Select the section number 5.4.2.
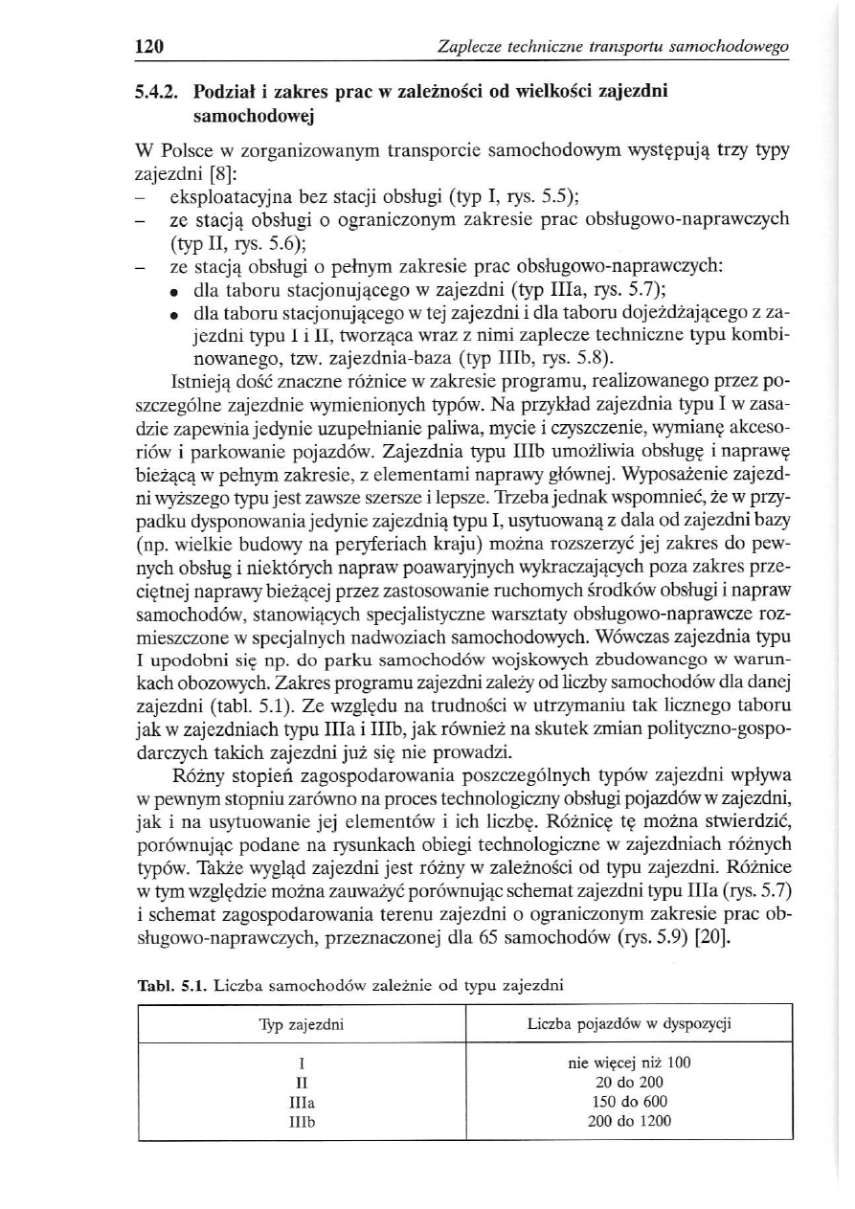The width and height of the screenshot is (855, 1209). (158, 93)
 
